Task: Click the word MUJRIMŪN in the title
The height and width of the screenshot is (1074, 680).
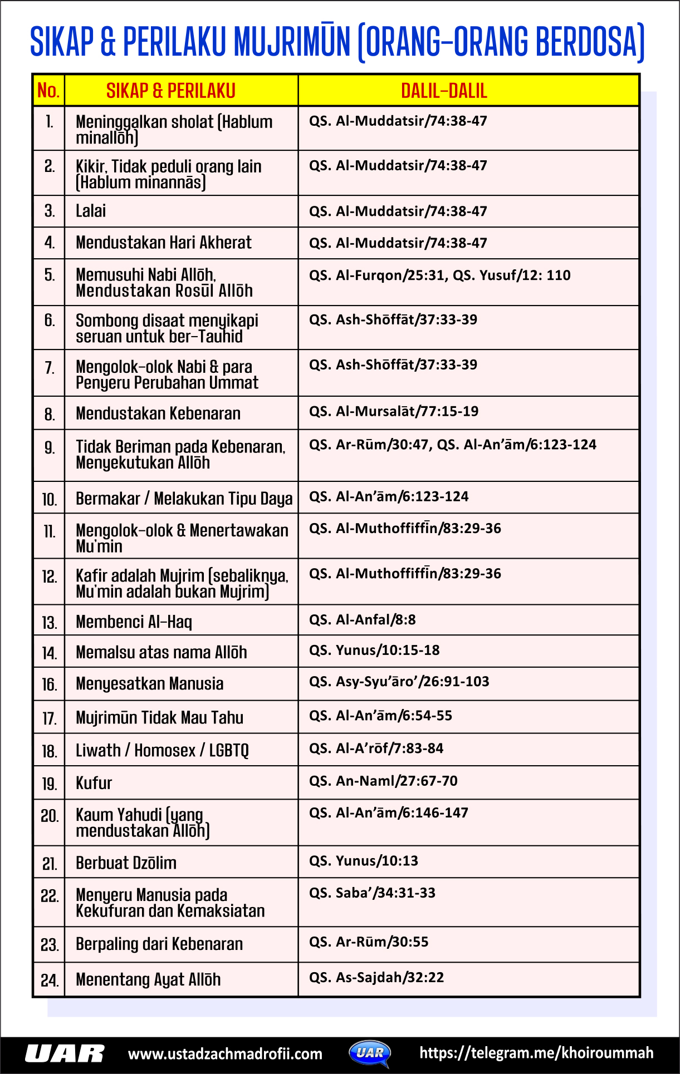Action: (292, 42)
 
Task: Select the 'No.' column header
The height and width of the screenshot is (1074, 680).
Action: (48, 90)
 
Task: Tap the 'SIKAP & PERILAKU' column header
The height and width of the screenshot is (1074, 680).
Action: (171, 91)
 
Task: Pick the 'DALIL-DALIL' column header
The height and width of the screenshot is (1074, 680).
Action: (444, 91)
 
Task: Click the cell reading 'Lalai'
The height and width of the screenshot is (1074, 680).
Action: (91, 211)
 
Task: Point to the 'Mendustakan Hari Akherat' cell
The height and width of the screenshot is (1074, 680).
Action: (164, 243)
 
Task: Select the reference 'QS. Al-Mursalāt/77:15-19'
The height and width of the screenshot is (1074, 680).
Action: (394, 411)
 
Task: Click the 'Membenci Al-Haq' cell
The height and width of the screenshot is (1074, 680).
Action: (134, 622)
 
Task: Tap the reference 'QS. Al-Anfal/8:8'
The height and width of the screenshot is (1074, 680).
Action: (363, 620)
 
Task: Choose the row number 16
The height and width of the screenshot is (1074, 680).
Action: (49, 684)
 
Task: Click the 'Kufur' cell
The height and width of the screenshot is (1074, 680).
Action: (94, 783)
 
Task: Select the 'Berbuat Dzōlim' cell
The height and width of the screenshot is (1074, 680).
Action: (126, 863)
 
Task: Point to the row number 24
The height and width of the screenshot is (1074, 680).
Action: (49, 980)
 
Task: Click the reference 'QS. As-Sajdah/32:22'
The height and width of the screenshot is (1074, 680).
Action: (376, 978)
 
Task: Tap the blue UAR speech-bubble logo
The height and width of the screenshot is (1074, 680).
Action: (370, 1053)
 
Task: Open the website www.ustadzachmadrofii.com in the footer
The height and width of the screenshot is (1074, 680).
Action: (225, 1054)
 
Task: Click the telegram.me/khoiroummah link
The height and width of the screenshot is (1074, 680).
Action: (536, 1053)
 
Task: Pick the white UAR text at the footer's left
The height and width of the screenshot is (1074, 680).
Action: (65, 1054)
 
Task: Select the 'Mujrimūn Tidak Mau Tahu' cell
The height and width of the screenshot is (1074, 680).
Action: (159, 717)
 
